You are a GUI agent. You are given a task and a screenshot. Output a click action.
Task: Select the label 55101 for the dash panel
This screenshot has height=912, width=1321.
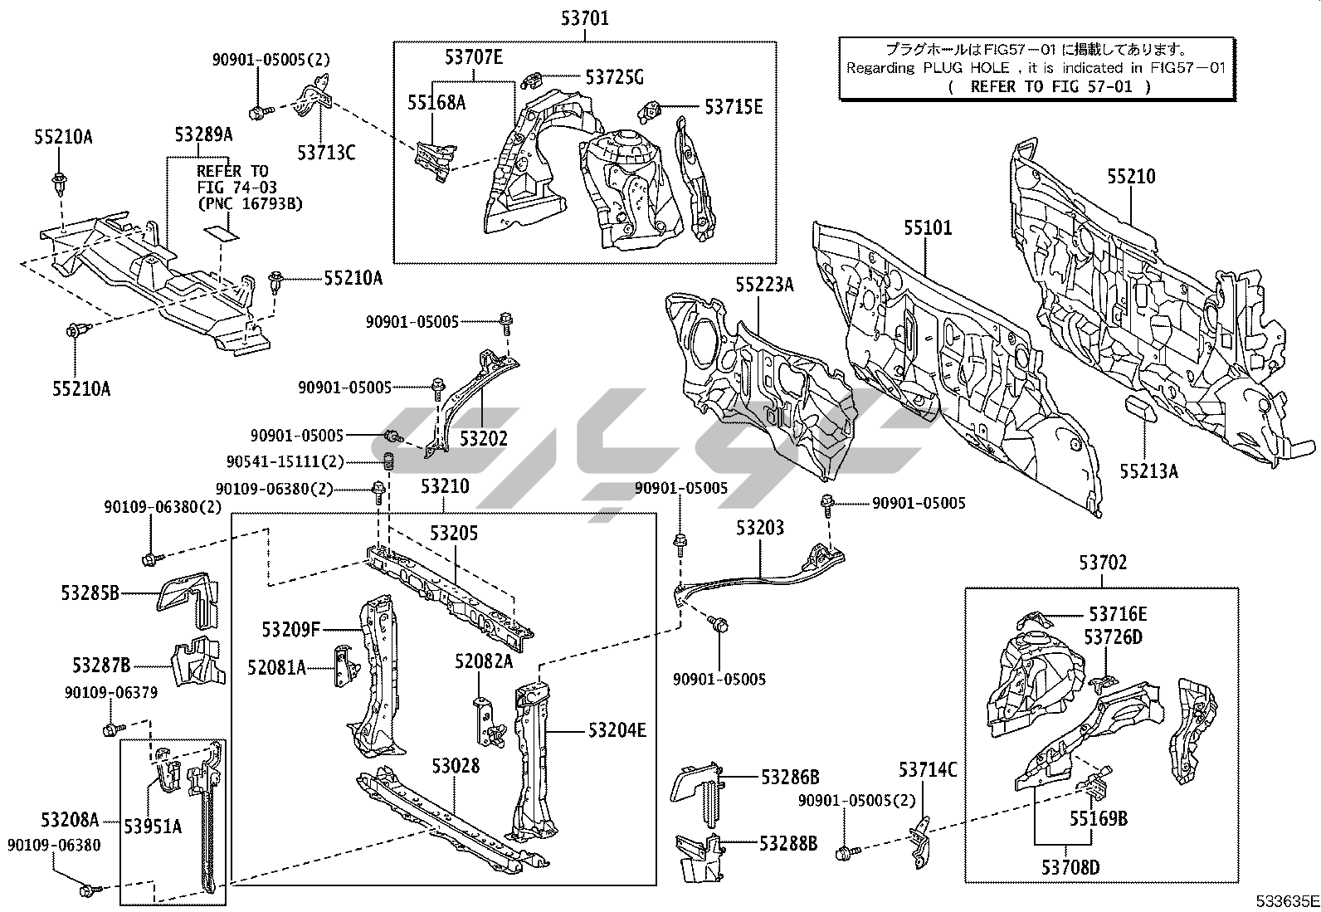tap(928, 228)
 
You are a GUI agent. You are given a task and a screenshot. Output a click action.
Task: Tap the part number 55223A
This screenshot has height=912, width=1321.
tap(764, 285)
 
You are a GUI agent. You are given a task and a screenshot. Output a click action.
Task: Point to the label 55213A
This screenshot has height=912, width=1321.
tap(1148, 471)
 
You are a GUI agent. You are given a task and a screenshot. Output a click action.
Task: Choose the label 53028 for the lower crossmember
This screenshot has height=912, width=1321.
tap(455, 765)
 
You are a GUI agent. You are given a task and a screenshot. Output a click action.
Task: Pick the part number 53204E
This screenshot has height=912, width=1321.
tap(617, 730)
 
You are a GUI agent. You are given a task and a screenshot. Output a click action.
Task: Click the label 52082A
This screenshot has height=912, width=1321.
tap(484, 661)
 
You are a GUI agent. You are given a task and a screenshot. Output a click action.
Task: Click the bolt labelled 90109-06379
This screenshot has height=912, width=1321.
tap(110, 729)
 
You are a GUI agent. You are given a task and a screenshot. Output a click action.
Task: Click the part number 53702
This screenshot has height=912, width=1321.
tap(1103, 563)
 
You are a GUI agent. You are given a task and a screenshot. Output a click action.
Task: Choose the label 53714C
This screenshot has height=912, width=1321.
tap(927, 770)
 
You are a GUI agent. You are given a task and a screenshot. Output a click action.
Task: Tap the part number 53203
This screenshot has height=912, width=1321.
tap(759, 528)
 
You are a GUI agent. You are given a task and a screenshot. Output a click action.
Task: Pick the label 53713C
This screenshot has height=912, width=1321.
tap(326, 153)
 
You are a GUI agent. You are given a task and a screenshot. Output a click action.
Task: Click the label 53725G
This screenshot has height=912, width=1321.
tap(614, 77)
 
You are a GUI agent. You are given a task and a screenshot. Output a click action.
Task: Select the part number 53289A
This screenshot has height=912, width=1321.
tap(203, 134)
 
